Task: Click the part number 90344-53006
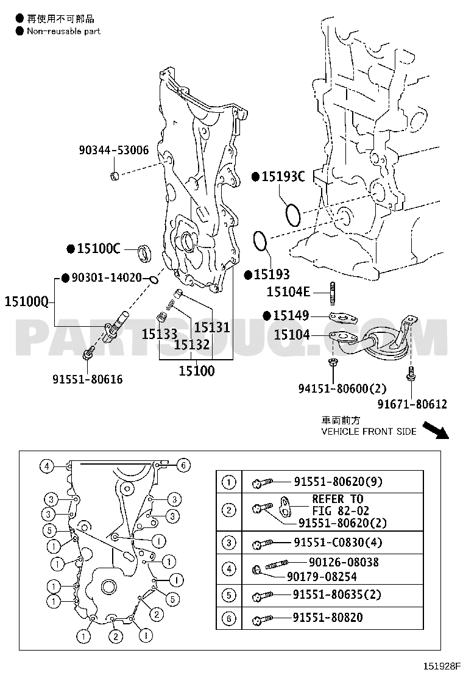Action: coord(113,149)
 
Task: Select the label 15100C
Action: coord(98,249)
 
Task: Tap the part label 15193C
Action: coord(283,177)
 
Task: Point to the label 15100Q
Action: coord(26,301)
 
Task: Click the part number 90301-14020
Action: coord(107,277)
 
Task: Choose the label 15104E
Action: coord(289,293)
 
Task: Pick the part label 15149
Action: coord(291,315)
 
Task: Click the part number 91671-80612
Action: coord(412,404)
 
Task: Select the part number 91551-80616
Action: coord(87,379)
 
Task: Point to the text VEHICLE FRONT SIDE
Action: coord(369,431)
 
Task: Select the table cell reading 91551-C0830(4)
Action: coord(338,542)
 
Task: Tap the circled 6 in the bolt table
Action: coord(229,618)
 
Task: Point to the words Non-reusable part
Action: coord(63,31)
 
